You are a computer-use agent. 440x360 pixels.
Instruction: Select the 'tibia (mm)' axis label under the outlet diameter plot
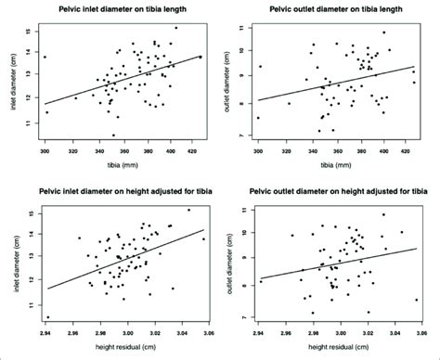click(332, 167)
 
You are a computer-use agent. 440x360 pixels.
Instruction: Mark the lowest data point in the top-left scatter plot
click(113, 135)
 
